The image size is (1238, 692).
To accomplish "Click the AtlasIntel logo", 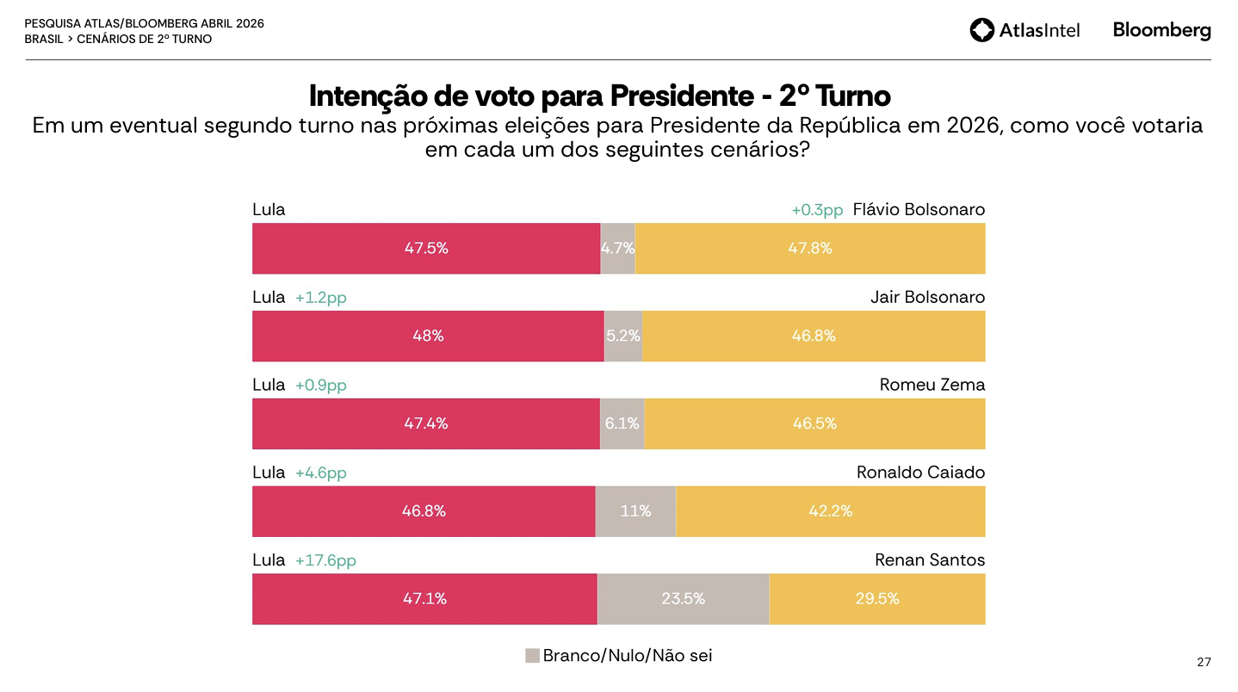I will coord(1024,30).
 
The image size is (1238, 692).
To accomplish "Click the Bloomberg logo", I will coord(1161,30).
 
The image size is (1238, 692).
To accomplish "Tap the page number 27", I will coord(1204,662).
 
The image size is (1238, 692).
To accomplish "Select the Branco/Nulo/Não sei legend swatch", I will coord(532,656).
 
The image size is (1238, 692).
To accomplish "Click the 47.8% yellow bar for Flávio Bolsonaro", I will coord(809,249).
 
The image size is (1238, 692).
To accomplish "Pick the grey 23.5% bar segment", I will coord(683,599).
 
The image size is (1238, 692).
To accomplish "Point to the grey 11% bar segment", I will coord(635,511).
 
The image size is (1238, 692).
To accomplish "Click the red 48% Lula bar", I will coord(428,337).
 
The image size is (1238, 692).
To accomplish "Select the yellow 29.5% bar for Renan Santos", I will coord(876,599).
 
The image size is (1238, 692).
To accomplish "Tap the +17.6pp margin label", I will coord(325,560).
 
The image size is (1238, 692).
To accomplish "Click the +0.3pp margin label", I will coord(817,210).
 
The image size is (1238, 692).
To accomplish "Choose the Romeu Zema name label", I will coord(932,385).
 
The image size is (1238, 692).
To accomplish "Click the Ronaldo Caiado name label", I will coord(920,473).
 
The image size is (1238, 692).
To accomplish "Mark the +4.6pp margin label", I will coord(321,473).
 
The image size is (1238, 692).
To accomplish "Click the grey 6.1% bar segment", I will coord(622,423).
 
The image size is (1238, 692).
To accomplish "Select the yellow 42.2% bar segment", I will coord(830,511).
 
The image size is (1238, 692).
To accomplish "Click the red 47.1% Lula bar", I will coord(424,599).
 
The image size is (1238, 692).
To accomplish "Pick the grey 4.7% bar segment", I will coord(617,249).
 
